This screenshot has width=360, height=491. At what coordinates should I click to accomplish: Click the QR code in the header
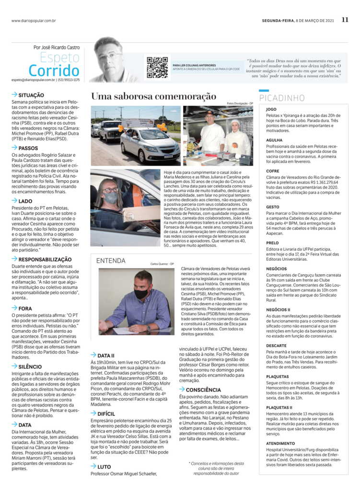[157, 67]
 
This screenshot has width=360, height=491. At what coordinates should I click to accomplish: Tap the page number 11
[345, 20]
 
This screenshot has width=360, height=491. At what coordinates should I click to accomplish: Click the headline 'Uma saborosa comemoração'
[153, 96]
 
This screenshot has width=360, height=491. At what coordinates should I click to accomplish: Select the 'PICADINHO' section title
[282, 98]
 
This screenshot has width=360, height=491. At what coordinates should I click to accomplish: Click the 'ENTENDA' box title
[111, 261]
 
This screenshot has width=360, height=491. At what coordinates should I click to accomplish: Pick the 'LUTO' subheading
[104, 466]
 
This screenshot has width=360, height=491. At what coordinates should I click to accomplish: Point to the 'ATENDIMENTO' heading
[280, 444]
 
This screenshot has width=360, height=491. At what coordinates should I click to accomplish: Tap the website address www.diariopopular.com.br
[34, 21]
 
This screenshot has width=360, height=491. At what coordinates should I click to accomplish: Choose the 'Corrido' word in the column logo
[54, 70]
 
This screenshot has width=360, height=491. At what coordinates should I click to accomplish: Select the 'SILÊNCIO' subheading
[31, 366]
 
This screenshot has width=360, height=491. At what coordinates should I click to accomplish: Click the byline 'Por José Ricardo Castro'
[56, 47]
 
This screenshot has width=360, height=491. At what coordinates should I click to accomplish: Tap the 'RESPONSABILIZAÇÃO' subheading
[45, 259]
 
